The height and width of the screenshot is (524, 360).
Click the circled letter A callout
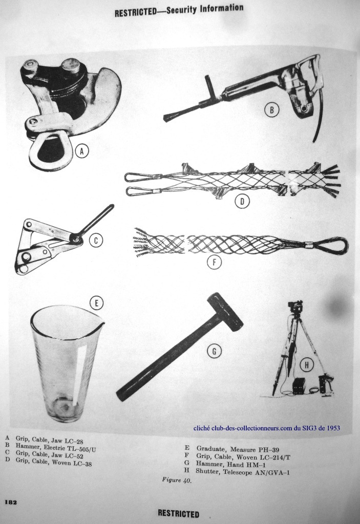point(81,151)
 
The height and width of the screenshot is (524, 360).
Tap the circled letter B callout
point(272,110)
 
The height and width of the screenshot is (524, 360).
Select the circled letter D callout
point(242,201)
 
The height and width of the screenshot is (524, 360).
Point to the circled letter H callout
point(306,365)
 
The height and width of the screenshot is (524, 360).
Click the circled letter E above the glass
point(96,303)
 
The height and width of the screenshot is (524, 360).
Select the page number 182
point(11,503)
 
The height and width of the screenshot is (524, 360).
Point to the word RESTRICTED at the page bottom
point(178,513)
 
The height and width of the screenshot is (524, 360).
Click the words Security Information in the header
point(205,9)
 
